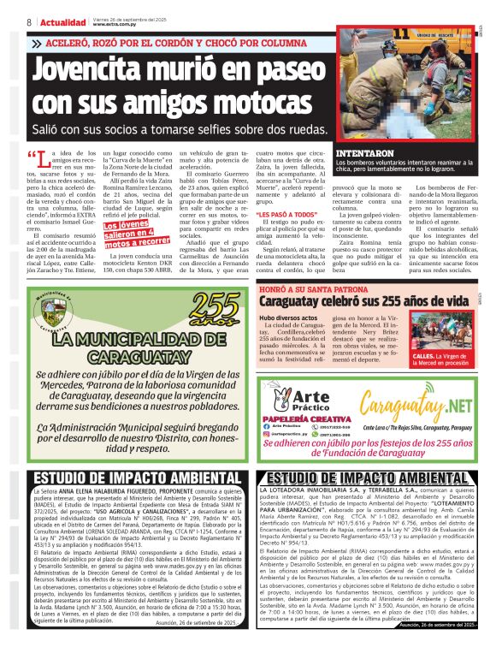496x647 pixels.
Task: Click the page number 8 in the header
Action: coord(30,21)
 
